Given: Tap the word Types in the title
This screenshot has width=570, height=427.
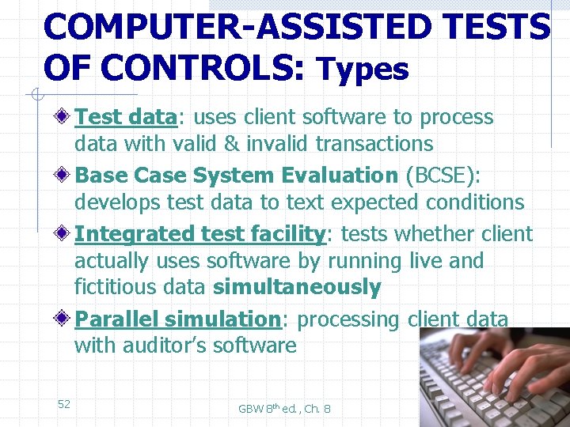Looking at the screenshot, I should pyautogui.click(x=363, y=70).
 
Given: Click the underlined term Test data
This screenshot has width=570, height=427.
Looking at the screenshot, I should pyautogui.click(x=125, y=118).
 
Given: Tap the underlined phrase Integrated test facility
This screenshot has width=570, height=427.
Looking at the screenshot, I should pyautogui.click(x=200, y=234).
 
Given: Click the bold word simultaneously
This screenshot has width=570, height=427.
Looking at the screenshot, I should pyautogui.click(x=297, y=287).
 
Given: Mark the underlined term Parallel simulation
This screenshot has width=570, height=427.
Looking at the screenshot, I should pyautogui.click(x=178, y=319).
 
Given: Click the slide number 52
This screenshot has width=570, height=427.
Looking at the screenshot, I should pyautogui.click(x=64, y=404).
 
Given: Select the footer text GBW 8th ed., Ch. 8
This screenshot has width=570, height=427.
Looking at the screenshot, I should pyautogui.click(x=284, y=409).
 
